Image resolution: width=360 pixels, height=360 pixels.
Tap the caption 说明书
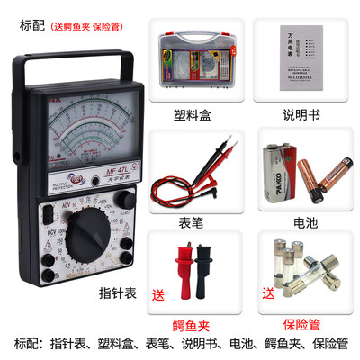point(296,115)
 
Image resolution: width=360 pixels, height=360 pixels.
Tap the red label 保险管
point(296,321)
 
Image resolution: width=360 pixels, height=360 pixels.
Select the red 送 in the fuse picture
point(267,292)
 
